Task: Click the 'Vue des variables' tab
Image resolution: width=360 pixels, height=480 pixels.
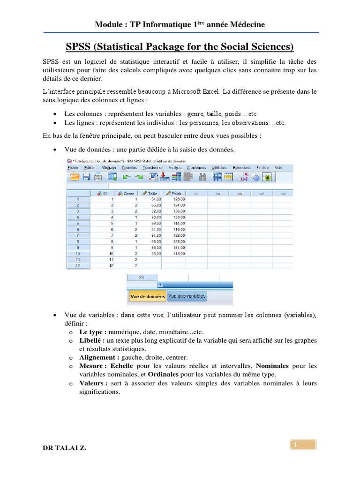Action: click(x=187, y=296)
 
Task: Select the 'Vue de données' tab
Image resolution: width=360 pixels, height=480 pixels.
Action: click(x=147, y=296)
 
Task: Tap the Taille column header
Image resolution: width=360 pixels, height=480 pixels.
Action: click(x=151, y=193)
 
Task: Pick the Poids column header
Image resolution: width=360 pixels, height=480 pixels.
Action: click(x=174, y=193)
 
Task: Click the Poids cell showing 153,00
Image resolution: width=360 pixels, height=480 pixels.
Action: click(x=179, y=217)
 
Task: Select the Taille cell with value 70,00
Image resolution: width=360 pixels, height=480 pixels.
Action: click(x=155, y=217)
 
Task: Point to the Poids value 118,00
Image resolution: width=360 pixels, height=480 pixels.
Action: click(x=179, y=254)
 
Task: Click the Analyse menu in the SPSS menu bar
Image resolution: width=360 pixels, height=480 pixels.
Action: click(x=174, y=167)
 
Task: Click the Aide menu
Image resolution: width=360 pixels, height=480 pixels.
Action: click(x=278, y=167)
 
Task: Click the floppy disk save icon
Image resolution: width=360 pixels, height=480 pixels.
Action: click(x=86, y=177)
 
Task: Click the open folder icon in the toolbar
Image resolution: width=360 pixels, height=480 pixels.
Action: click(x=74, y=177)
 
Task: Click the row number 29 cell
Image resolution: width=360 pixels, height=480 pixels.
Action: click(x=141, y=277)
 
